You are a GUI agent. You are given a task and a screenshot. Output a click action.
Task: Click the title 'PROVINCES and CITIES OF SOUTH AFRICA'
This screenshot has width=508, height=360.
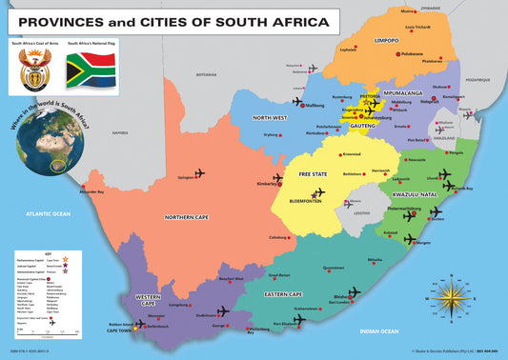173,21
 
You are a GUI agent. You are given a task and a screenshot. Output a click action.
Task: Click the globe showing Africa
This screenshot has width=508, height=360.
49,140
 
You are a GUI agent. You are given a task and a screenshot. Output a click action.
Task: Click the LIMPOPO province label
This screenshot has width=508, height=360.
386,41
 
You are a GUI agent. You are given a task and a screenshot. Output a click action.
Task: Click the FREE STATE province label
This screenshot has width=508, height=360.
313,175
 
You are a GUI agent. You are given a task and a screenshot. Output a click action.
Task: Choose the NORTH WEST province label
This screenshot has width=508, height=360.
270,118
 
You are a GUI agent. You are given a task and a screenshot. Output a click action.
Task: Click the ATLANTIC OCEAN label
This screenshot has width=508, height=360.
49,214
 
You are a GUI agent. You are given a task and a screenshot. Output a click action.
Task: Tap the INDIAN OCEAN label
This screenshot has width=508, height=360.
379,330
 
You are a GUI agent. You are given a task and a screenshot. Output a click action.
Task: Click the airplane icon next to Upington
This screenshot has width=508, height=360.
200,173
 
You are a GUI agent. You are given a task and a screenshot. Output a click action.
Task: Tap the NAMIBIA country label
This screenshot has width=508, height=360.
119,133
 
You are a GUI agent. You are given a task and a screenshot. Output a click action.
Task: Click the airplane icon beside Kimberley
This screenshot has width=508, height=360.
277,179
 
